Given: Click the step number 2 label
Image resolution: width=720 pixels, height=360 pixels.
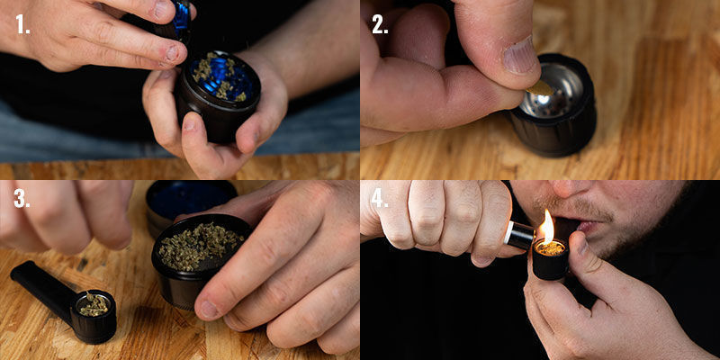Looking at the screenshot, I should (x=380, y=23).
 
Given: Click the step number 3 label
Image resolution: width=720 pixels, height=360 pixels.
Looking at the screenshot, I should (x=21, y=199).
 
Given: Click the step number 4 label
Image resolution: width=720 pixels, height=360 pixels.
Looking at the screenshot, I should (x=380, y=199).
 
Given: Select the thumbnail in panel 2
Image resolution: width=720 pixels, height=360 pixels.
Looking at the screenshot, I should (x=519, y=56).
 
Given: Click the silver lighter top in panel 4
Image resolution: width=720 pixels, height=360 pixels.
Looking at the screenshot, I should (x=519, y=235).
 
